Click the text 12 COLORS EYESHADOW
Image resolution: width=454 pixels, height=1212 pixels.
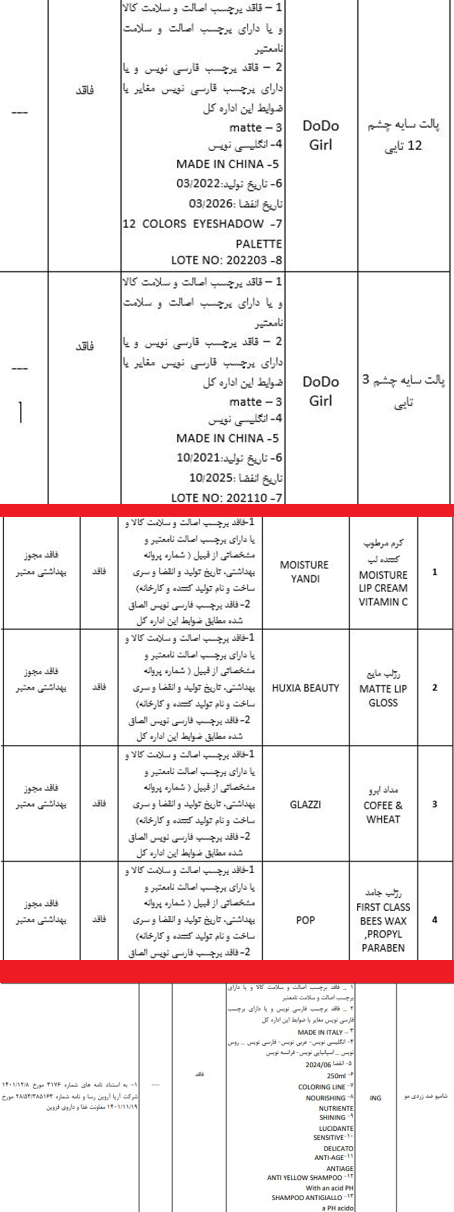(x=193, y=224)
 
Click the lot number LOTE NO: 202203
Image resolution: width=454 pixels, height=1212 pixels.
(x=221, y=260)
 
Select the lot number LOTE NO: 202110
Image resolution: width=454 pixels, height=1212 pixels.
(x=221, y=498)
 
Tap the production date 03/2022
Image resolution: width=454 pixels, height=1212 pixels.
(x=198, y=183)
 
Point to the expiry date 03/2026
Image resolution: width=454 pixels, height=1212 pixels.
(x=211, y=204)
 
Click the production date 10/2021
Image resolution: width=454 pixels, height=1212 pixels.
(x=198, y=457)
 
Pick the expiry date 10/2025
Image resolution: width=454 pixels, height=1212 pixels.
(x=211, y=478)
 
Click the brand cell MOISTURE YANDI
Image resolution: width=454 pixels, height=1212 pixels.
(x=305, y=571)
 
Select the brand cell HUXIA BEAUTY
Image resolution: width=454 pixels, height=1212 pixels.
(x=305, y=688)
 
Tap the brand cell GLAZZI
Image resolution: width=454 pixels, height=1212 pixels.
(x=305, y=804)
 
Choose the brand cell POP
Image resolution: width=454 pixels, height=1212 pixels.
(x=305, y=920)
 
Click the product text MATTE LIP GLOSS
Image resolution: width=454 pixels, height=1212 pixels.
(x=383, y=695)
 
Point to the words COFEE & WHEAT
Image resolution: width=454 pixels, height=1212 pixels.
(x=383, y=812)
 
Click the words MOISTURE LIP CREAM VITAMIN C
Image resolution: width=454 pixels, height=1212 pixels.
(x=383, y=588)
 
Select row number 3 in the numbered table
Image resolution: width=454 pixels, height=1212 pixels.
(x=434, y=804)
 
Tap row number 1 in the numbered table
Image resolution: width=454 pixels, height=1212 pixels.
(x=434, y=572)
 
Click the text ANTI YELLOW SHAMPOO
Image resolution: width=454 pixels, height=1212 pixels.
(x=304, y=1177)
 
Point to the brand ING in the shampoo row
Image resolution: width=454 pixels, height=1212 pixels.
(x=375, y=1098)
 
